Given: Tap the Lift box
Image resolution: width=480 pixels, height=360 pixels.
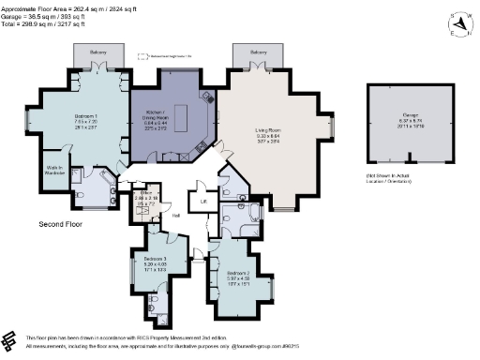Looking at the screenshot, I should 202,201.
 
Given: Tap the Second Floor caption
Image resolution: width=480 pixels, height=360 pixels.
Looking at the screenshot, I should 64,225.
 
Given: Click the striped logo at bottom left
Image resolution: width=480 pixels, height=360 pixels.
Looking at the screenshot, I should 11,339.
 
